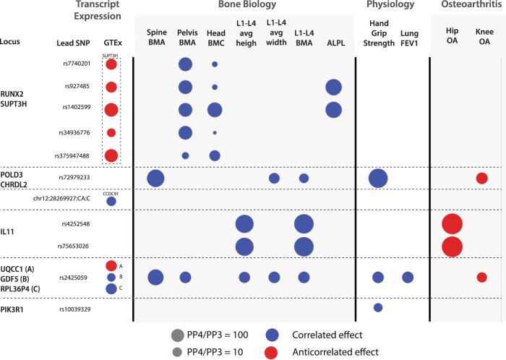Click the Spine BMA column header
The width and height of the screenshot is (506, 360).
156,38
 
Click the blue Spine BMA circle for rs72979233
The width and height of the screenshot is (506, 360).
156,179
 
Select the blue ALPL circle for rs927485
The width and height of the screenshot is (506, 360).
333,87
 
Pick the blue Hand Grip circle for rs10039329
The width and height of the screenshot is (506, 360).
377,308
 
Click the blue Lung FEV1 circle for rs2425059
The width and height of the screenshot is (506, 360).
408,277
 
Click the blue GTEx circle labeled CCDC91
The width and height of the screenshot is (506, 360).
111,202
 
